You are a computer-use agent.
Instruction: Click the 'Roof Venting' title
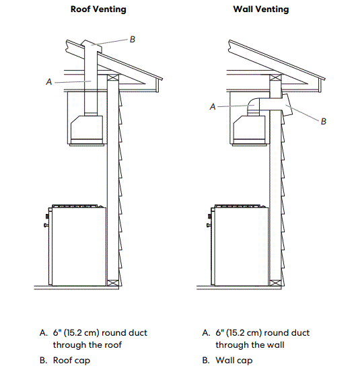[98, 9]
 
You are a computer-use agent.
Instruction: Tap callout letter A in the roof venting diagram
[49, 81]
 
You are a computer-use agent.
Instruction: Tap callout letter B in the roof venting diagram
[132, 40]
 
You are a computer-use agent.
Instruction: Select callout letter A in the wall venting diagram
[213, 106]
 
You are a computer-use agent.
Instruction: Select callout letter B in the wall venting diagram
[324, 122]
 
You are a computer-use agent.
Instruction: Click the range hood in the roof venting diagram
[86, 128]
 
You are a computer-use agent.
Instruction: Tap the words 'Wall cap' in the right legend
[234, 360]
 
